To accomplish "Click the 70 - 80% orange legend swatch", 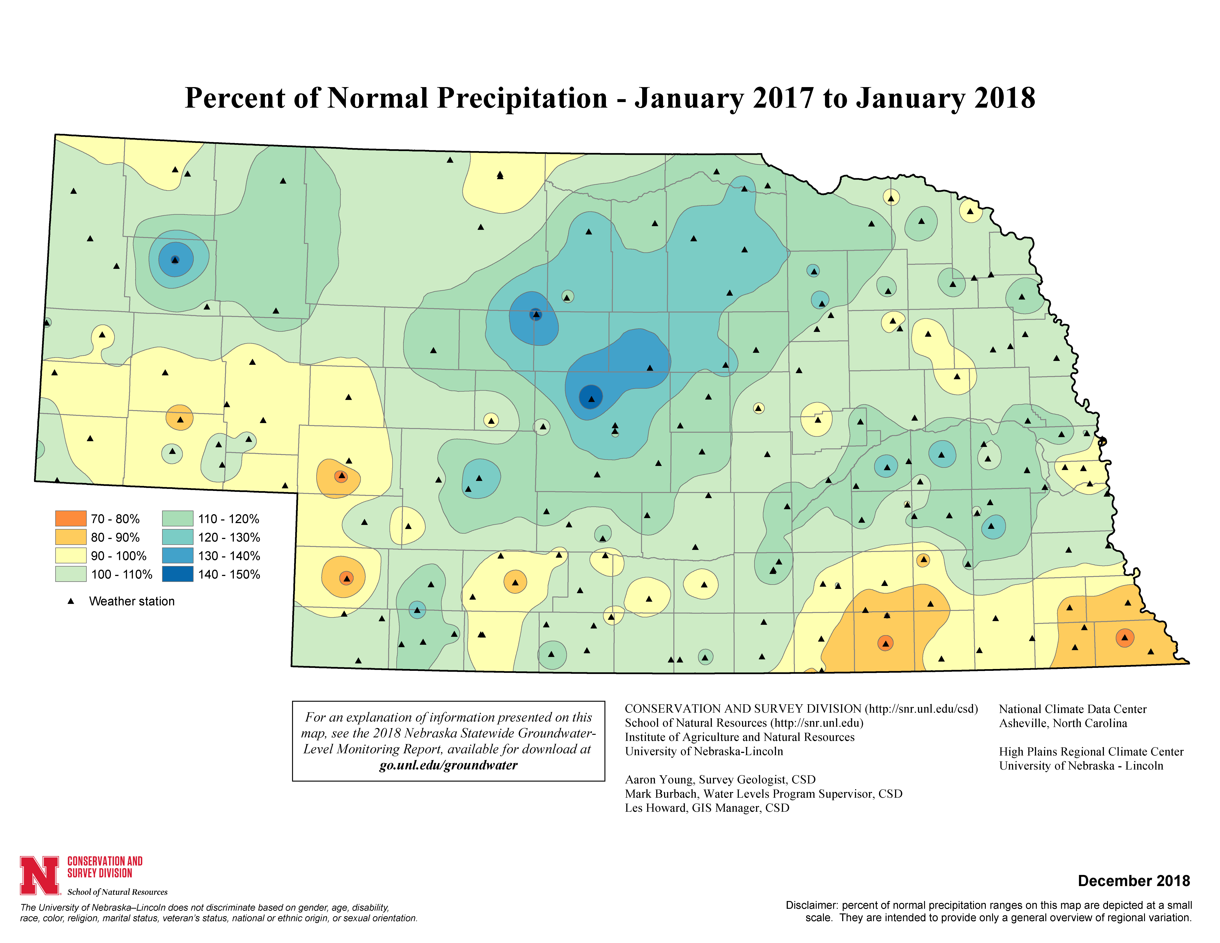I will click(70, 518).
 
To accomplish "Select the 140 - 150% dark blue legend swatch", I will click(178, 574).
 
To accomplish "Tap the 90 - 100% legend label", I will click(118, 556).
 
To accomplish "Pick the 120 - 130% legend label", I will click(229, 538).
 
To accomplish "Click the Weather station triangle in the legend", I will click(71, 601).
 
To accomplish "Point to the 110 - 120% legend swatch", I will click(178, 518).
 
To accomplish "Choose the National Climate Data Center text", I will click(1072, 709).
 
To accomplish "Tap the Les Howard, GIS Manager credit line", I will click(707, 808).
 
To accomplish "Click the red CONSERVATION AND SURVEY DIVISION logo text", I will click(105, 867).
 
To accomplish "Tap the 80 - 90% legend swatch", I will click(70, 537).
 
